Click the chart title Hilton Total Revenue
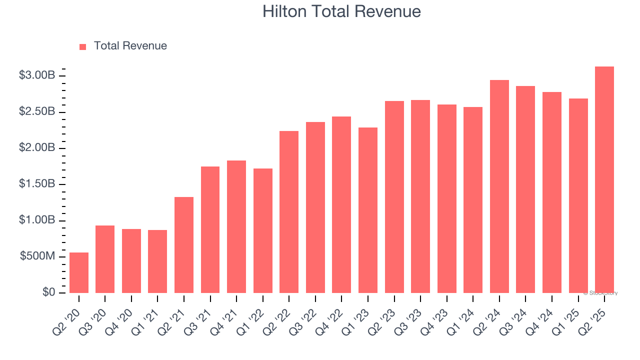tap(341, 11)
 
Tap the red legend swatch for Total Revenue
tap(82, 46)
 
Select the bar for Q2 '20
tap(79, 272)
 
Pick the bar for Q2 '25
tap(604, 179)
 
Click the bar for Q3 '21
tap(210, 229)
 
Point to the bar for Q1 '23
tap(368, 210)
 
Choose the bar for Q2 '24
tap(499, 186)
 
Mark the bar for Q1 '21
tap(157, 261)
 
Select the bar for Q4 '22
tap(341, 204)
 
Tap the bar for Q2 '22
tap(289, 212)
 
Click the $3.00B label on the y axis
tap(37, 75)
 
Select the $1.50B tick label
tap(37, 184)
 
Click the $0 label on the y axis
tap(48, 292)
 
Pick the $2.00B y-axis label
tap(37, 148)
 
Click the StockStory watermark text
tap(600, 293)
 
